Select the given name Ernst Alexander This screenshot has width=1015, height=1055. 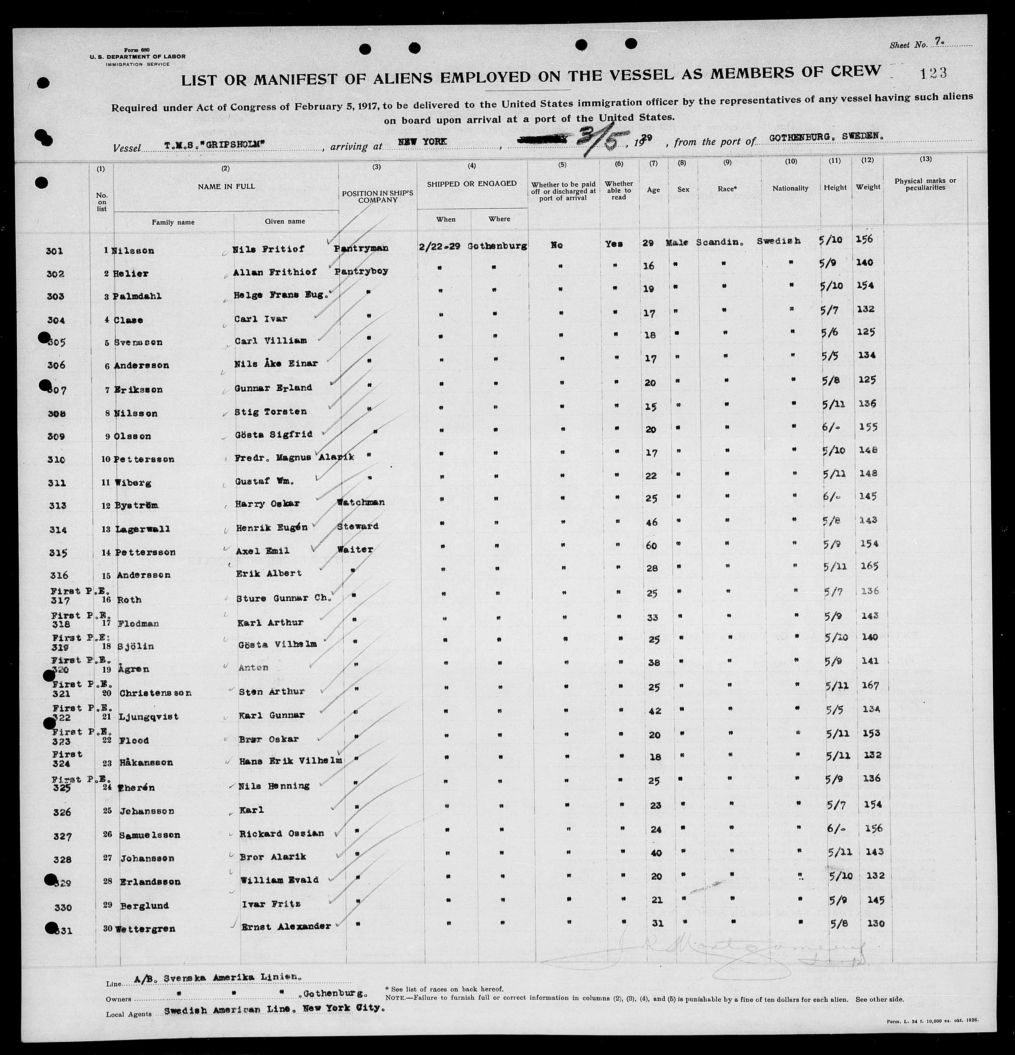(x=285, y=926)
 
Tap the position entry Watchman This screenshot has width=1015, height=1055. (x=361, y=502)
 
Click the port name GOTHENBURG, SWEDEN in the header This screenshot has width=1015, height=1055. (x=826, y=137)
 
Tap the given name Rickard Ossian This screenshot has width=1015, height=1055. (x=281, y=833)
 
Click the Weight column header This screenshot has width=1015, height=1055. (x=868, y=187)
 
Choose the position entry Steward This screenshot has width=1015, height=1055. (x=358, y=526)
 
